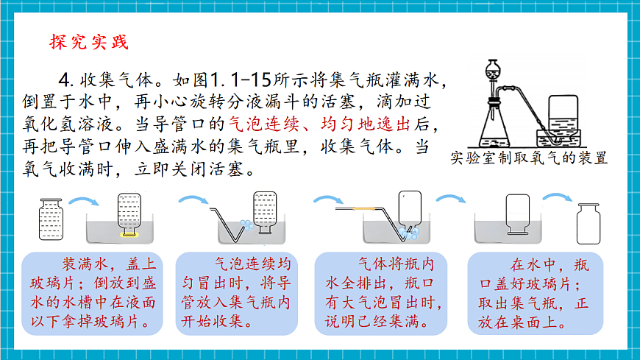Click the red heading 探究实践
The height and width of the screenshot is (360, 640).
pos(89,42)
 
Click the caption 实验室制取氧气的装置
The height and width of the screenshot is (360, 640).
pos(529,158)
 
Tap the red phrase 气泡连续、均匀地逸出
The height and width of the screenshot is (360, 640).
pos(319,124)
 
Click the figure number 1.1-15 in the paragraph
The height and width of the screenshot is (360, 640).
pos(241,80)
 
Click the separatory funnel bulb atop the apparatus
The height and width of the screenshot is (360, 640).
pos(493,70)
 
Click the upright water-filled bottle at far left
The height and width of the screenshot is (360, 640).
pos(51,219)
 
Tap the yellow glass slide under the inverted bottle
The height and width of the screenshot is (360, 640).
pos(129,235)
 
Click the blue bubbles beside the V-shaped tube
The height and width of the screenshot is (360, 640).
pos(246,225)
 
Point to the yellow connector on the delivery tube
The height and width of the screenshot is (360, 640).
pos(363,208)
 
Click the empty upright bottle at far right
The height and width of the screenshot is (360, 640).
pos(589,224)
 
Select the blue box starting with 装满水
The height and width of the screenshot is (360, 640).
pos(92,294)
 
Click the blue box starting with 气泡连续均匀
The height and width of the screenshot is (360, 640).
pos(237,294)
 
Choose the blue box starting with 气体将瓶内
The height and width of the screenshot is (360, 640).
pos(381,294)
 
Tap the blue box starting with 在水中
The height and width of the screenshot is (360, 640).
pos(535,294)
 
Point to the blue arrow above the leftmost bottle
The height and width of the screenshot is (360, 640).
pos(84,201)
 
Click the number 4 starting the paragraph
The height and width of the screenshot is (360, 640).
pos(65,80)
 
